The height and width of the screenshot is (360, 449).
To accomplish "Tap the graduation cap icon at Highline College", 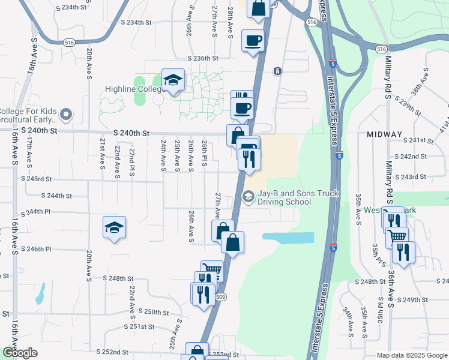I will pos(173,80).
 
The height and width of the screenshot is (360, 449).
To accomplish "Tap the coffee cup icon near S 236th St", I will pos(253,41).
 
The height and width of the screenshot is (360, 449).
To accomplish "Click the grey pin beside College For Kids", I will pos(66,113).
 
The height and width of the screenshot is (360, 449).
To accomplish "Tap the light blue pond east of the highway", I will pos(288,237).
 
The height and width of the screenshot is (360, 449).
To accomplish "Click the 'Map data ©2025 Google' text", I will pos(412,355).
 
